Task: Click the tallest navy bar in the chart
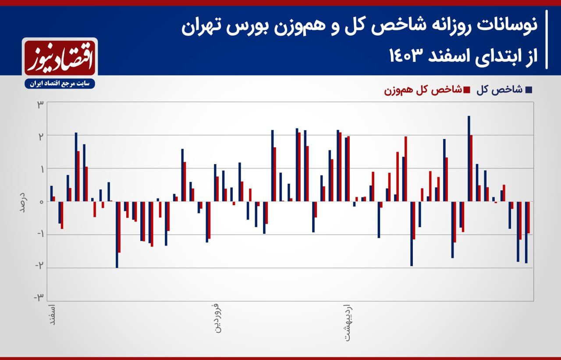(x=469, y=159)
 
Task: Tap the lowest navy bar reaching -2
(x=117, y=235)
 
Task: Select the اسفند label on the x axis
(x=52, y=315)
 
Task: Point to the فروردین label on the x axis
(x=218, y=318)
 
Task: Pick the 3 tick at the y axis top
(x=40, y=105)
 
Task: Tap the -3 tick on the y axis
(x=39, y=298)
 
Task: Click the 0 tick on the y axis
(x=42, y=202)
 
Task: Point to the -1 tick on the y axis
(x=39, y=234)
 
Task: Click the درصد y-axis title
(x=23, y=202)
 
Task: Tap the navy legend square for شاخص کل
(x=529, y=90)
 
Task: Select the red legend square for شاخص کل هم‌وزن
(x=467, y=90)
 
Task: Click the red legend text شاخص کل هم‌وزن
(x=423, y=90)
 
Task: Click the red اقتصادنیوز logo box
(x=60, y=57)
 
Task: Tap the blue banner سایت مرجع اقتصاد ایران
(x=60, y=84)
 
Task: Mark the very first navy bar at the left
(x=52, y=193)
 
